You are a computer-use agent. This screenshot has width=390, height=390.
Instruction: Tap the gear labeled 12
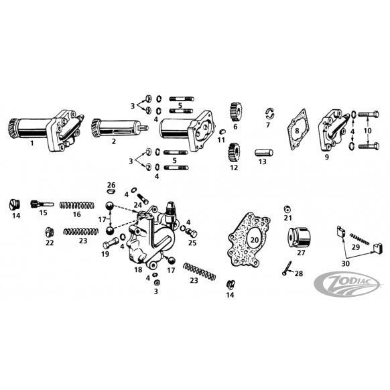point(234,153)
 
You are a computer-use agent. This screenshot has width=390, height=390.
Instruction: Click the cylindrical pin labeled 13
point(264,153)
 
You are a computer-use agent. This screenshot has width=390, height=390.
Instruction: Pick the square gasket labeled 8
point(298,129)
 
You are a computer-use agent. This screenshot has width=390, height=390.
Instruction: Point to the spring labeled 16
point(77,205)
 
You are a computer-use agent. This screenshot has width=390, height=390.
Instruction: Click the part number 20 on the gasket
point(255,240)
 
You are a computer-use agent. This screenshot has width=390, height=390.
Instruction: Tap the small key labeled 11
point(222,131)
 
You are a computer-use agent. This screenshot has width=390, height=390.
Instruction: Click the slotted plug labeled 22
point(50,232)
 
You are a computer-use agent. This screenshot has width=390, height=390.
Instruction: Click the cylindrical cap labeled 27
point(299,237)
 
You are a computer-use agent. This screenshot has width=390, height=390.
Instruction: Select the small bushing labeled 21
point(287,210)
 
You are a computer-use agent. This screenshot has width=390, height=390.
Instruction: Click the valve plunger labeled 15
point(42,204)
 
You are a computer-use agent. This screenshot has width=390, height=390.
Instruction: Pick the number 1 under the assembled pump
point(32,143)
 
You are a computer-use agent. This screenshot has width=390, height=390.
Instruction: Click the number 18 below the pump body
point(138,269)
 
